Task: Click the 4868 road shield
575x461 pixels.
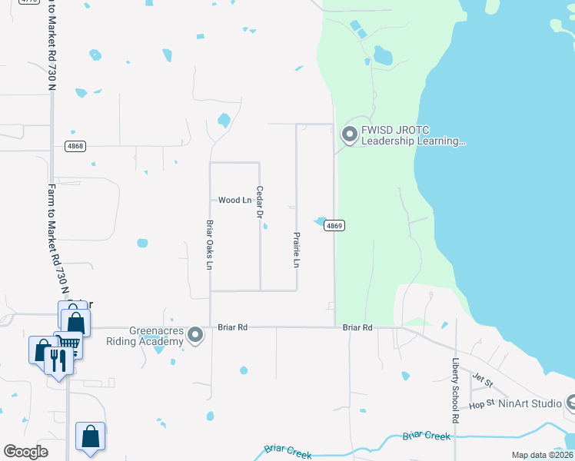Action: tap(75, 146)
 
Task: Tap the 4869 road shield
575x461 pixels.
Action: tap(334, 225)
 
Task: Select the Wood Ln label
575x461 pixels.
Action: tap(234, 201)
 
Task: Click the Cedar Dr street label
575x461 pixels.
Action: tap(260, 202)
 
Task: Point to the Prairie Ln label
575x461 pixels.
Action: tap(296, 250)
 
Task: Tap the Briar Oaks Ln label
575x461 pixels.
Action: tap(209, 245)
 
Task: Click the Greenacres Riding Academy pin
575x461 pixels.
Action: tap(195, 334)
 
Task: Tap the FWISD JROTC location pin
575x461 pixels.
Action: tap(350, 135)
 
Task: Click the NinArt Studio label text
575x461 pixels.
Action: tap(530, 403)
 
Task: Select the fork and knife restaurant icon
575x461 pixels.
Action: tap(58, 359)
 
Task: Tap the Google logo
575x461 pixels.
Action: tap(26, 452)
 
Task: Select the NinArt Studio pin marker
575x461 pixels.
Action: tap(570, 402)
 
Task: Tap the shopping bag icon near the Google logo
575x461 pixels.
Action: tap(90, 436)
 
